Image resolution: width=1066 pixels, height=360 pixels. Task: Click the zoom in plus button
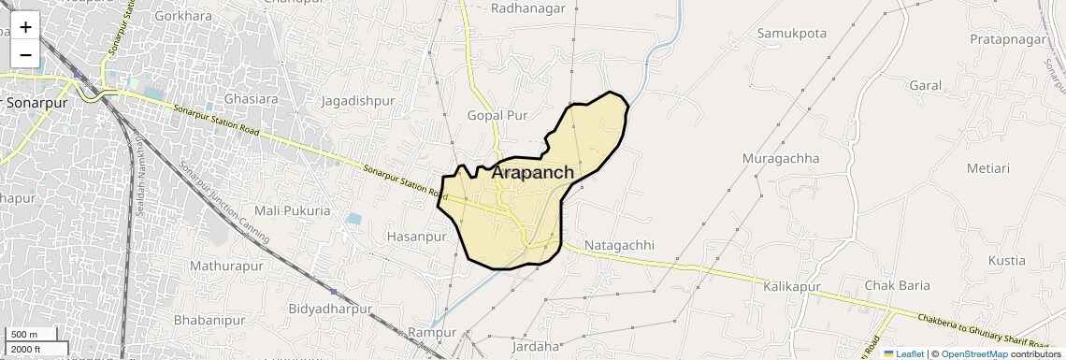25,27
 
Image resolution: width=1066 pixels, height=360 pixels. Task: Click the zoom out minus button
25,55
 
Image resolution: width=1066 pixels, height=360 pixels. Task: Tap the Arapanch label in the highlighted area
532,173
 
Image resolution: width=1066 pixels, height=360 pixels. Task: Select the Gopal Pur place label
497,115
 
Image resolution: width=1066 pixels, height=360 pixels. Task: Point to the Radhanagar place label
529,8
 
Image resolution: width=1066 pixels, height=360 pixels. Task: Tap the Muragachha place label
781,158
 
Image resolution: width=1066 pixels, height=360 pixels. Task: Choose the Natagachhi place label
618,246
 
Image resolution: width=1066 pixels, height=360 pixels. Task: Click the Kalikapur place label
792,285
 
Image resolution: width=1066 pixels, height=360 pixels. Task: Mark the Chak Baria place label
898,285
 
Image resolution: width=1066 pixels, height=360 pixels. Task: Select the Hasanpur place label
417,238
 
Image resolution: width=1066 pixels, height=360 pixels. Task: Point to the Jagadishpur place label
358,101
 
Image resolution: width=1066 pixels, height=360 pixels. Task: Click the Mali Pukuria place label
293,211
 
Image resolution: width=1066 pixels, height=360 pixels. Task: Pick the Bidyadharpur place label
331,309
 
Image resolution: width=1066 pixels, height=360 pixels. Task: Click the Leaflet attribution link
903,353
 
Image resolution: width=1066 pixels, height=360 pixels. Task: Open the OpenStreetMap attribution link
973,353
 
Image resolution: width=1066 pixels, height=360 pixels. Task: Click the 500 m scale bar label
23,335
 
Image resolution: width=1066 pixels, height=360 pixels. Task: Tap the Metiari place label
988,168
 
